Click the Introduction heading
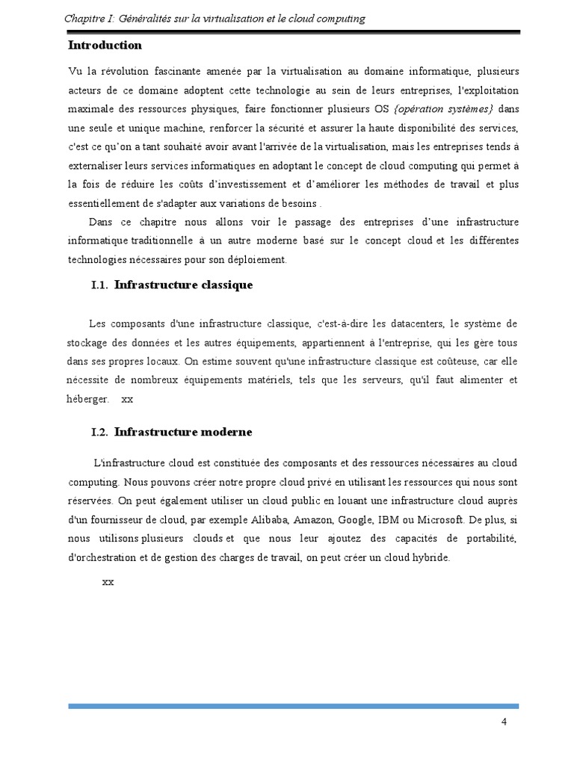105,45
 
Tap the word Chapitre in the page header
83,18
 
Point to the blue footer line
293,705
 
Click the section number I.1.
100,285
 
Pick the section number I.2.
100,433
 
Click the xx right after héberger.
127,399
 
